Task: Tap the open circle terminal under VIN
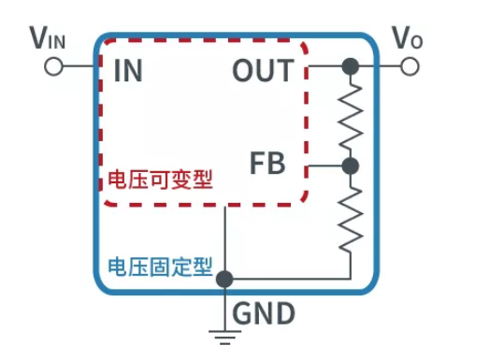tap(53, 67)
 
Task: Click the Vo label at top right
tap(408, 37)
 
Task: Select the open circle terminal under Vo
tap(409, 66)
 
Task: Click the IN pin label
tap(128, 71)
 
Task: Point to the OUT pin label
tap(263, 70)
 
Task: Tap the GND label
tap(263, 312)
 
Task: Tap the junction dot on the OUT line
tap(351, 66)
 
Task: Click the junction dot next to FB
tap(351, 166)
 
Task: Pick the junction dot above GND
tap(224, 278)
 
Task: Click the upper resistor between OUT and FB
tap(351, 116)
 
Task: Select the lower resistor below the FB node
tap(351, 217)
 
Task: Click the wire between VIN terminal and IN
tap(79, 67)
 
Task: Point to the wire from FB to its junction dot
tap(323, 166)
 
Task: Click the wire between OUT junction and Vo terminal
tap(379, 66)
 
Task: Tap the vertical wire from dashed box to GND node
tap(224, 238)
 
